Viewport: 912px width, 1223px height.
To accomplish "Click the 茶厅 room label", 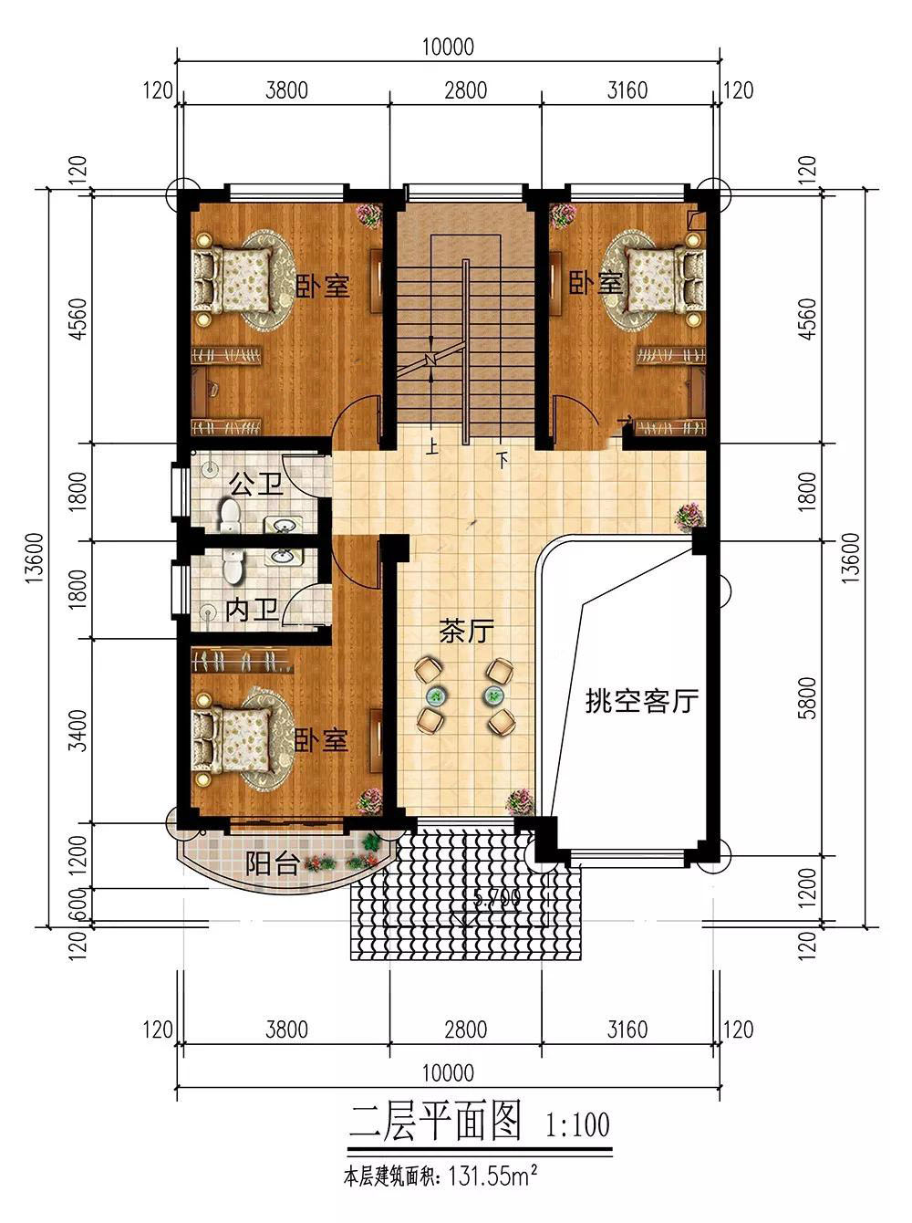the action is tap(467, 632).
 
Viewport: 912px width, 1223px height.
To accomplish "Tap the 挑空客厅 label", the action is tap(641, 700).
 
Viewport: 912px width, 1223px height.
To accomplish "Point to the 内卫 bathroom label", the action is tap(252, 610).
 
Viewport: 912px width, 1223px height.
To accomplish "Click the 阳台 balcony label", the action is tap(273, 863).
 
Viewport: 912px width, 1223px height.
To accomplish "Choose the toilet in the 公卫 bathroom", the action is tap(230, 516).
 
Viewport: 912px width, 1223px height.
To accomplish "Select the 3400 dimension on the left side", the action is tap(79, 730).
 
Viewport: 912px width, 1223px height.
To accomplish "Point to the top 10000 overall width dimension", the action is tap(448, 47).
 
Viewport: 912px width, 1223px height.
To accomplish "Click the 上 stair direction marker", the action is tap(431, 446).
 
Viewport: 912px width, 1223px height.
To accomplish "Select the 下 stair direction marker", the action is tap(503, 459).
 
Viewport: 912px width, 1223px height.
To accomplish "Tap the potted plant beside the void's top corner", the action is tap(689, 517).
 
